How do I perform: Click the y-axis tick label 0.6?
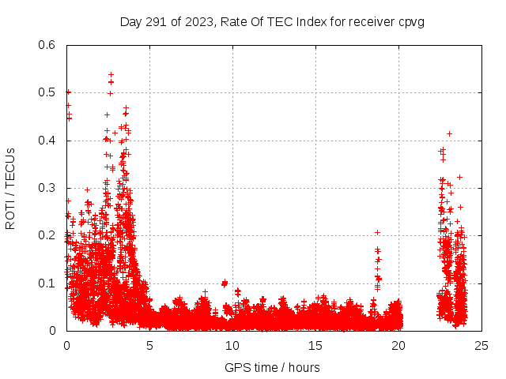tap(48, 45)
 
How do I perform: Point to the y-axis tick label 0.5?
tap(48, 92)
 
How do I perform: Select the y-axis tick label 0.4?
tap(48, 141)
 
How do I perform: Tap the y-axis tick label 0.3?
tap(48, 188)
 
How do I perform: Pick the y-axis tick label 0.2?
tap(48, 236)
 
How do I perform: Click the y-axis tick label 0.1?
tap(48, 283)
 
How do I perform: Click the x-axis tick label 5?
tap(149, 345)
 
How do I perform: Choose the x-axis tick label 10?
tap(232, 345)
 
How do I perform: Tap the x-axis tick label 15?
tap(315, 345)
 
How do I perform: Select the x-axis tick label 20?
tap(398, 345)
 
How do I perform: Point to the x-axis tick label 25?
tap(481, 345)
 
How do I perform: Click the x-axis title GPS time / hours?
tap(273, 367)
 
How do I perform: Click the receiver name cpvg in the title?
tap(411, 21)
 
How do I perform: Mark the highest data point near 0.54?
tap(111, 75)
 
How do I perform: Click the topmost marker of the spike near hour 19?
tap(377, 232)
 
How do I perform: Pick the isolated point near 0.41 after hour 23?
tap(449, 133)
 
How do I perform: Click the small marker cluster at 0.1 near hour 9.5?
tap(225, 283)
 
